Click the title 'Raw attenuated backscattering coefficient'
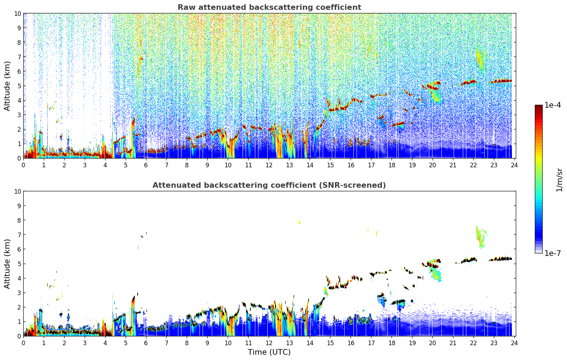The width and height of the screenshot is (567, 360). [x=269, y=7]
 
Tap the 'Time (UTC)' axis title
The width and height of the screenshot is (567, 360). [x=269, y=352]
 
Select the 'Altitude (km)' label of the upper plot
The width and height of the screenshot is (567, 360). [x=7, y=86]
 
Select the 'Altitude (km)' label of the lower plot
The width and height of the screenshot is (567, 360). [x=7, y=264]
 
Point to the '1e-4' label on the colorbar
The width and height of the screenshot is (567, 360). [x=552, y=105]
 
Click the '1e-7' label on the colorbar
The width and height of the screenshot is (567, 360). [x=552, y=253]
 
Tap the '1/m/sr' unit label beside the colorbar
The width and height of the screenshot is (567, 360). [x=559, y=179]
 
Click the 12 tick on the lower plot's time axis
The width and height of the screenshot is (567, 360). [x=269, y=343]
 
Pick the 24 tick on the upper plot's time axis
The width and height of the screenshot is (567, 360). [x=514, y=165]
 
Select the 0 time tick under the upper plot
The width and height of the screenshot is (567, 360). [x=24, y=165]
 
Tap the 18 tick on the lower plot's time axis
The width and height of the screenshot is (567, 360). [x=392, y=343]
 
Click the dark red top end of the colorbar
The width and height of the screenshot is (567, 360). [x=538, y=107]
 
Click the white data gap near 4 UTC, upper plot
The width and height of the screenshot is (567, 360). [x=106, y=71]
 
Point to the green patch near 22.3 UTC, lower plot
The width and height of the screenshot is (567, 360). [x=480, y=236]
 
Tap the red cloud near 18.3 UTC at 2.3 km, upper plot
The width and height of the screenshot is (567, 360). [x=399, y=124]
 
